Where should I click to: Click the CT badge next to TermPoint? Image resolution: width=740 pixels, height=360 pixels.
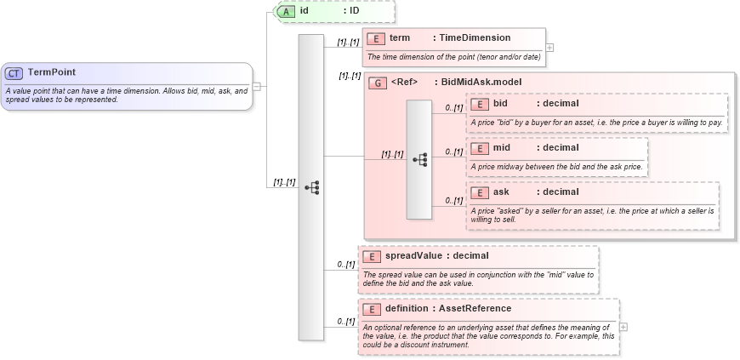point(14,73)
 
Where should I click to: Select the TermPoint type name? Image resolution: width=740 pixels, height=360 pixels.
point(52,73)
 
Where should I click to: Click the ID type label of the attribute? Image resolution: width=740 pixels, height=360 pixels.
point(355,11)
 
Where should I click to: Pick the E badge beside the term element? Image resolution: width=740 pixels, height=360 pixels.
point(376,38)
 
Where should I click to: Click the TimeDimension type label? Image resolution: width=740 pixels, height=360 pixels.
point(475,38)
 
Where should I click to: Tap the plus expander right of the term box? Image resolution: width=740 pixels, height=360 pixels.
point(549,47)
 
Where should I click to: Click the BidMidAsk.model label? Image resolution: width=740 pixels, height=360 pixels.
point(481,83)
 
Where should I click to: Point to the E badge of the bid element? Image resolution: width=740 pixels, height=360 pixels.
point(480,104)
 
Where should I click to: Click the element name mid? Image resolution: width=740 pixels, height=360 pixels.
point(502,148)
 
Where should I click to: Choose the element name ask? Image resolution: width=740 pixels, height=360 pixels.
point(502,192)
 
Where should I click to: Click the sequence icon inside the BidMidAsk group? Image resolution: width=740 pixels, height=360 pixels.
point(419,159)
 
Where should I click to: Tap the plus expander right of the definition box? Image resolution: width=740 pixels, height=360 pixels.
point(623,326)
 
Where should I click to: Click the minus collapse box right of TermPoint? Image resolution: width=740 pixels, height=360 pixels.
point(257,86)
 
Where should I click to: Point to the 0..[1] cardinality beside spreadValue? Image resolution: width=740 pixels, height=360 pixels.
point(345,265)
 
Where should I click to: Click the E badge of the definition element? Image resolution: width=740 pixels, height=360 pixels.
point(373,309)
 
